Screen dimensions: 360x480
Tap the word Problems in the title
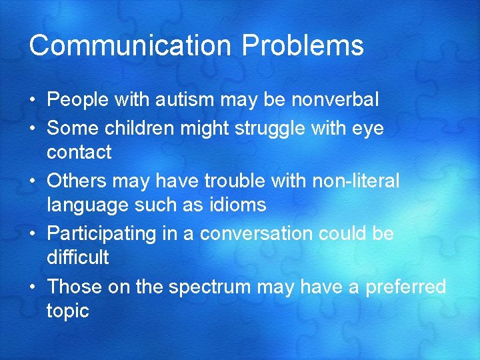pyautogui.click(x=303, y=46)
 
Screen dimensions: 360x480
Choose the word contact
pyautogui.click(x=79, y=153)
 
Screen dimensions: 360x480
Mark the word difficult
pyautogui.click(x=78, y=258)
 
